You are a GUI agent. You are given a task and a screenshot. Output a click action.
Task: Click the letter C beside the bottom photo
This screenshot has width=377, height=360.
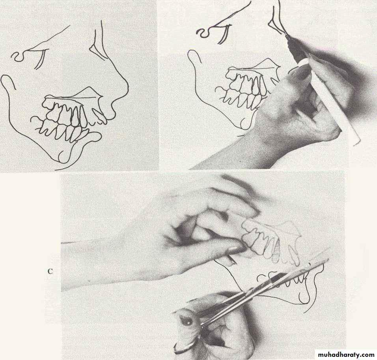coord(50,272)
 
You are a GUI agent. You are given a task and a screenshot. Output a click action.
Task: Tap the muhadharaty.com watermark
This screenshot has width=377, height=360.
coord(346,354)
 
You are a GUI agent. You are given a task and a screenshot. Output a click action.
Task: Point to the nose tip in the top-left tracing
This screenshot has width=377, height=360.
coord(127,88)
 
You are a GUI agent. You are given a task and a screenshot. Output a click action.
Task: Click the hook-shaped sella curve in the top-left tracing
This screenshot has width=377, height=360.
coord(18,56)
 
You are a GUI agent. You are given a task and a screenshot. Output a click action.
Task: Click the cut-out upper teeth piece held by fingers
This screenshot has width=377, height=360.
coord(272,241)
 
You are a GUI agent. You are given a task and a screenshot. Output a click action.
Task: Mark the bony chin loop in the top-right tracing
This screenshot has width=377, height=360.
coord(246,124)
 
